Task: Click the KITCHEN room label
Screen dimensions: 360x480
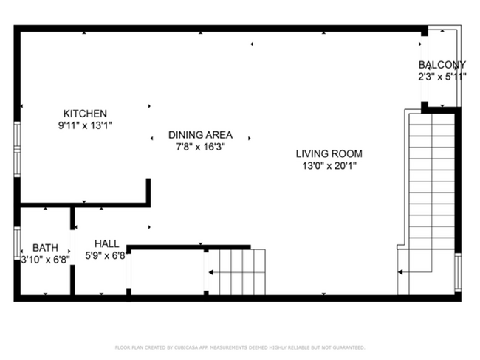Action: pos(85,113)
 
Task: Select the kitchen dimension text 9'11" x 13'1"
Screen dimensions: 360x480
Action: pos(85,125)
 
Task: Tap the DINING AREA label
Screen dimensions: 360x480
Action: pos(200,135)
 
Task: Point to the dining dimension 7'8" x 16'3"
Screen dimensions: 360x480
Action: pos(200,147)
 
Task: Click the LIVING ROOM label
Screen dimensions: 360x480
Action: pos(329,154)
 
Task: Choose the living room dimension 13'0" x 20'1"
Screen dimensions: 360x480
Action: pos(329,166)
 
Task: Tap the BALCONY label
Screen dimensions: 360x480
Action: pos(442,65)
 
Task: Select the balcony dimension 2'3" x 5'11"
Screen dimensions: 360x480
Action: pos(442,76)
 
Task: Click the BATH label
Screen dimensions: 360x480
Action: pos(45,248)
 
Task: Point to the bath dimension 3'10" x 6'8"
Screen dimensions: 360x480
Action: pos(45,259)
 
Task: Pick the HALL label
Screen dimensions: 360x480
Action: pos(106,243)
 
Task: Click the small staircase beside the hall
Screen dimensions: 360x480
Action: pos(236,271)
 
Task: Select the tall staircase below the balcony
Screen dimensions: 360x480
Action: pos(431,199)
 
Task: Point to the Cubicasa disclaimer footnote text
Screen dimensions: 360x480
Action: pos(240,347)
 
